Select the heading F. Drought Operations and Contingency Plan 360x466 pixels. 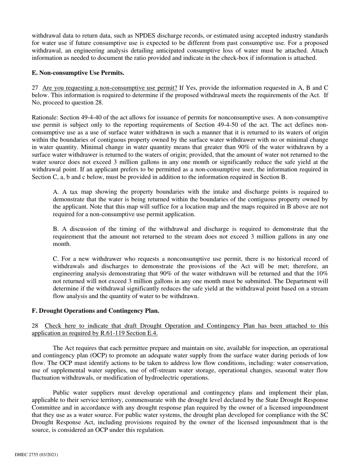[95, 311]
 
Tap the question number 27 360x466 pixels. [35, 88]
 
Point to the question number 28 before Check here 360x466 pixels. [35, 326]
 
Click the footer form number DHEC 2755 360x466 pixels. [36, 455]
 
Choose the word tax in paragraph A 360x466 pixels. [74, 192]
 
